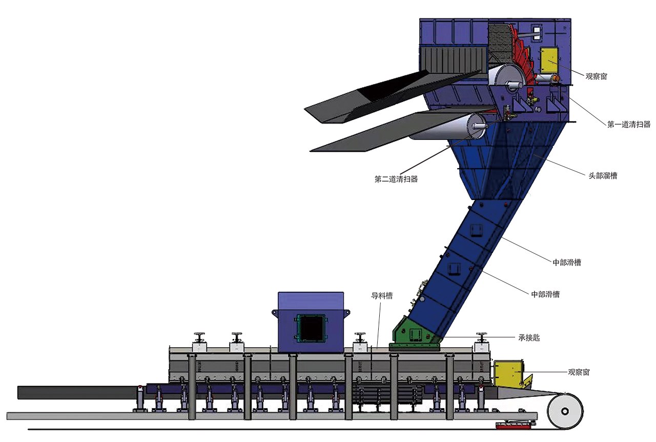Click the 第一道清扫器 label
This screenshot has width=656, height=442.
point(628,124)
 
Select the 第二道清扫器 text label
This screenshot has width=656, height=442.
point(396,179)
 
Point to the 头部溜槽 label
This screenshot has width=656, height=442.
point(603,175)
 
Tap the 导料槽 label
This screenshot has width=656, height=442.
point(382,296)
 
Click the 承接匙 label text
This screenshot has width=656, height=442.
point(529,338)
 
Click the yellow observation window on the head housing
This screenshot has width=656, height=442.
point(549,61)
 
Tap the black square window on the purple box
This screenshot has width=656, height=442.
point(311,328)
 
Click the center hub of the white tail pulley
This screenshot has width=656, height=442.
point(565,412)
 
